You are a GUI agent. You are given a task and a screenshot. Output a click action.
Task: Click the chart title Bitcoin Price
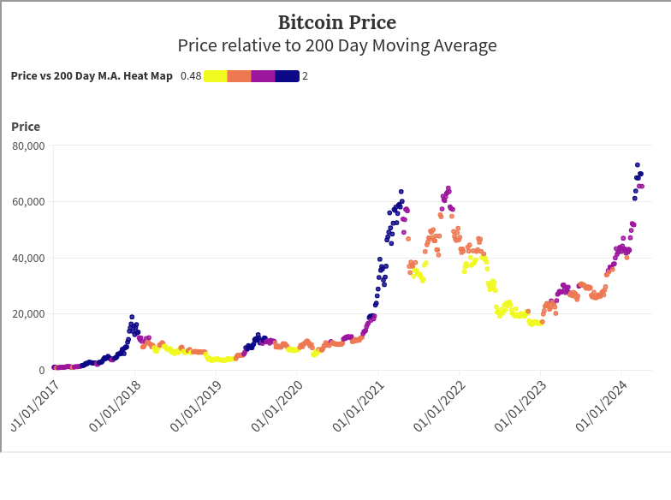pyautogui.click(x=336, y=22)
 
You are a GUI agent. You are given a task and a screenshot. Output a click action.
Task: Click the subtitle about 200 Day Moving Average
pyautogui.click(x=336, y=45)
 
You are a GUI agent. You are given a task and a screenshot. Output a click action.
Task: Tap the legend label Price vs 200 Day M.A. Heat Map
pyautogui.click(x=92, y=76)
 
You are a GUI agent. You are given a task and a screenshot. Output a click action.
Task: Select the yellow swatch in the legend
pyautogui.click(x=216, y=76)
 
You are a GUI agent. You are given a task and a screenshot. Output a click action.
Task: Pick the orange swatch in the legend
pyautogui.click(x=239, y=76)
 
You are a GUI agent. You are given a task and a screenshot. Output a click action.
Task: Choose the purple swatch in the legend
pyautogui.click(x=263, y=76)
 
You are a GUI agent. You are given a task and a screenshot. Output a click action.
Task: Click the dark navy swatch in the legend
pyautogui.click(x=287, y=76)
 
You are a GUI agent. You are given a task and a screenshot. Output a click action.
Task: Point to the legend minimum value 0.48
pyautogui.click(x=191, y=76)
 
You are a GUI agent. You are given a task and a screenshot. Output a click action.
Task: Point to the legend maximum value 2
pyautogui.click(x=305, y=76)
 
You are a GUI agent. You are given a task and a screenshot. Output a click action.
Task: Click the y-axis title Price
pyautogui.click(x=26, y=127)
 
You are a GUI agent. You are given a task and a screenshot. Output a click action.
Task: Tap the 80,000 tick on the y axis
pyautogui.click(x=28, y=146)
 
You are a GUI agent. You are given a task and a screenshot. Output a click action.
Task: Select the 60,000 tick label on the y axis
pyautogui.click(x=28, y=202)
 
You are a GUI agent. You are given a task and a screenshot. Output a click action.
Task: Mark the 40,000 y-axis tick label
pyautogui.click(x=28, y=258)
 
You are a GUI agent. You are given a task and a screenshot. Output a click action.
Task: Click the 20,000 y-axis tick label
pyautogui.click(x=28, y=314)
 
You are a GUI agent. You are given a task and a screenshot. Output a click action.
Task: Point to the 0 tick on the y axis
pyautogui.click(x=40, y=370)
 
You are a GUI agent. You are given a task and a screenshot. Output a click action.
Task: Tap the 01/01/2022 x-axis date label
pyautogui.click(x=437, y=408)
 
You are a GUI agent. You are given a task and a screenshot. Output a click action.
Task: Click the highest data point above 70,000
pyautogui.click(x=637, y=165)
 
